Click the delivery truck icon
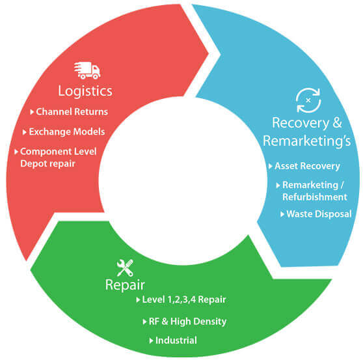tap(87, 70)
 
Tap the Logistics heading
tap(85, 91)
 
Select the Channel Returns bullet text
tap(72, 112)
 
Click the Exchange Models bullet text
tap(67, 132)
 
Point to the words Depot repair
tap(47, 164)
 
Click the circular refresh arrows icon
tap(308, 100)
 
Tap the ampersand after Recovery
tap(337, 122)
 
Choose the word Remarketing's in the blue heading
tap(307, 141)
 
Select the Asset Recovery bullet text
tap(307, 166)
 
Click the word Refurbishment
tap(315, 197)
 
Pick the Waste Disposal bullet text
tap(319, 214)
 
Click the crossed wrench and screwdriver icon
tap(125, 268)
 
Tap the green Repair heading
tap(125, 285)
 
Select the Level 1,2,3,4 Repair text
tap(184, 299)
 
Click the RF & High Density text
tap(187, 322)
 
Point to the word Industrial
tap(176, 340)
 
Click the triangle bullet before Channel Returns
tap(32, 112)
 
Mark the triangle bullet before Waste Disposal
tap(282, 214)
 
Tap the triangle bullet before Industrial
tap(151, 340)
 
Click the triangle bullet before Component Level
tap(16, 152)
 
